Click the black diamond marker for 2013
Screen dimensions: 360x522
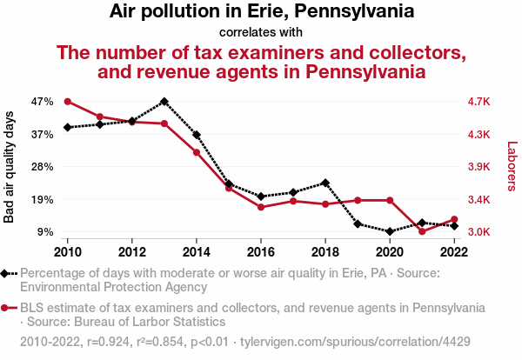pyautogui.click(x=164, y=102)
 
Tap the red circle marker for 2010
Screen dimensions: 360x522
pyautogui.click(x=68, y=102)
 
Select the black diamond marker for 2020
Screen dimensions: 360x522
pyautogui.click(x=389, y=231)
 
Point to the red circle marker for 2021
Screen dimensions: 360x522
pyautogui.click(x=421, y=231)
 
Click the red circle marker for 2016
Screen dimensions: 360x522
pyautogui.click(x=261, y=207)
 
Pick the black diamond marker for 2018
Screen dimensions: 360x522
pyautogui.click(x=325, y=183)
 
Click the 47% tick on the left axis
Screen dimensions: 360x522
pyautogui.click(x=43, y=102)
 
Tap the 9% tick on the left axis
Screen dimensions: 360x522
pyautogui.click(x=46, y=232)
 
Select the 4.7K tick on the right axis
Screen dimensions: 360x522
pyautogui.click(x=478, y=102)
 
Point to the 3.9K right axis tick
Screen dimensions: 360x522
pyautogui.click(x=478, y=167)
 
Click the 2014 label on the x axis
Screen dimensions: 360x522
pyautogui.click(x=197, y=252)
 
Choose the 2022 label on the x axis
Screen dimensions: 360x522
pyautogui.click(x=453, y=252)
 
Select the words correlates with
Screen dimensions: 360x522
pyautogui.click(x=260, y=32)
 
